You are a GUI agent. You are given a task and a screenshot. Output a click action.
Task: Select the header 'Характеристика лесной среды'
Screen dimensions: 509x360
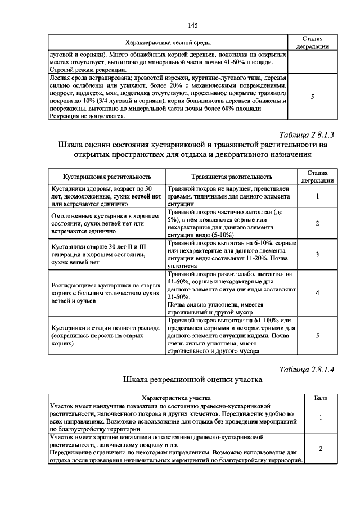click(168, 43)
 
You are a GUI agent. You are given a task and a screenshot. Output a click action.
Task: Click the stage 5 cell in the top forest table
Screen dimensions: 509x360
click(312, 97)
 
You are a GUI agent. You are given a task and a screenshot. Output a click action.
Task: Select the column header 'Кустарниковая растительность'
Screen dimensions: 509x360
click(107, 177)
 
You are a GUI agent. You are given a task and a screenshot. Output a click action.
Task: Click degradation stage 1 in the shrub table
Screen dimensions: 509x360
click(317, 197)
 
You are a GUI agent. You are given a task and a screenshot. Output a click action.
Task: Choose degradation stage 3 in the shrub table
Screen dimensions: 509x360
click(317, 255)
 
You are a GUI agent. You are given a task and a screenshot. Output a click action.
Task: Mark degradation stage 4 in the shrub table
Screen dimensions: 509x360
click(317, 293)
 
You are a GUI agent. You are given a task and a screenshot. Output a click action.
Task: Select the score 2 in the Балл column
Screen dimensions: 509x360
click(321, 448)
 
